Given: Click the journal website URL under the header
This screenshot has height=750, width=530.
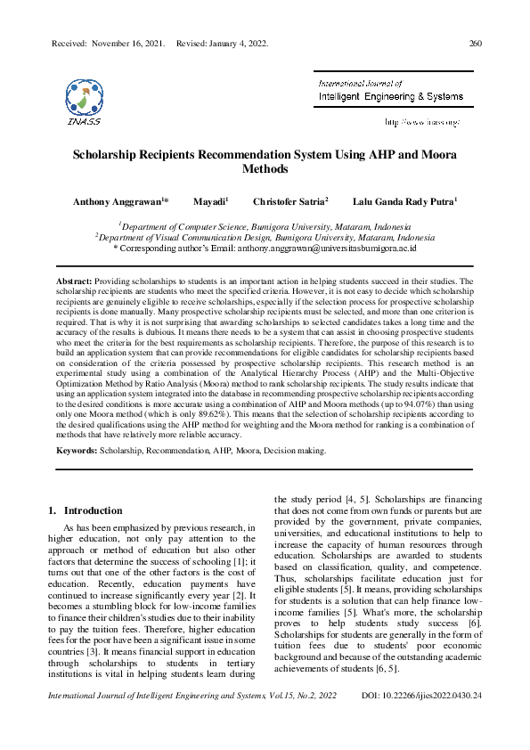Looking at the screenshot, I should coord(421,121).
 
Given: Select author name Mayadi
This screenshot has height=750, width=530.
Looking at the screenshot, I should coord(209,202).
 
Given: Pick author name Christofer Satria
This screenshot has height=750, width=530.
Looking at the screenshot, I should coord(289,202).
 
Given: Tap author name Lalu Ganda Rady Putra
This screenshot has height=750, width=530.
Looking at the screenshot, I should coord(404,202).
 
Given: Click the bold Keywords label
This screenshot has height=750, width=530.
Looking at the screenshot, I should coord(77,452).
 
